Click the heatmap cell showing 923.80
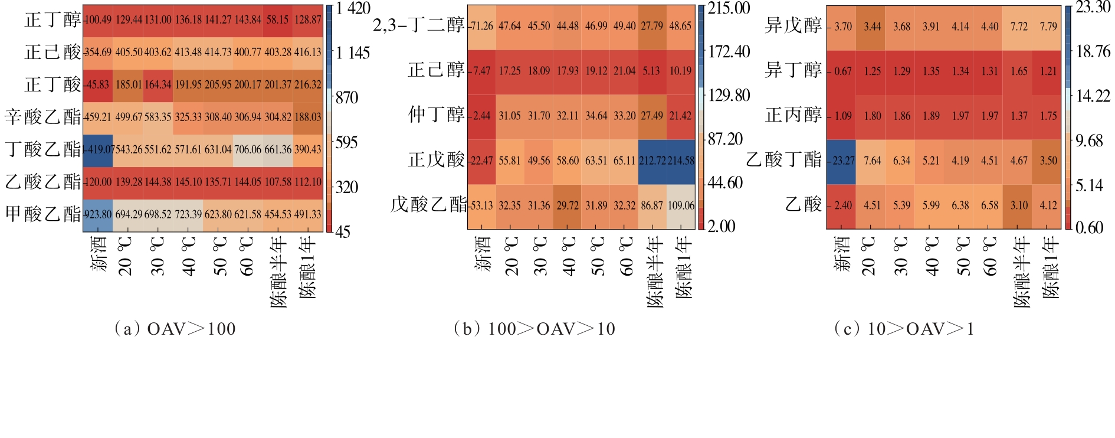point(98,214)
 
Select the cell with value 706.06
point(248,149)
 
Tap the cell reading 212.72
point(652,161)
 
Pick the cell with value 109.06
point(681,205)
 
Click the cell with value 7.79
point(1048,27)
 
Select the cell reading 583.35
point(158,117)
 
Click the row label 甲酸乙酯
point(43,214)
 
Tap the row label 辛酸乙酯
point(43,116)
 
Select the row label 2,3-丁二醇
point(419,25)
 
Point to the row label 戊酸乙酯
point(428,205)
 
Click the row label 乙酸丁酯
point(784,159)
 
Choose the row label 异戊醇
point(793,25)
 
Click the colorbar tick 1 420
point(353,8)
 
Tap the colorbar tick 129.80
point(729,96)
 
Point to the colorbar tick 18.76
point(1093,51)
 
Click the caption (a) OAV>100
point(175,329)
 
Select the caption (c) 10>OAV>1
point(904,329)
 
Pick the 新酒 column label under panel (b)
point(483,254)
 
